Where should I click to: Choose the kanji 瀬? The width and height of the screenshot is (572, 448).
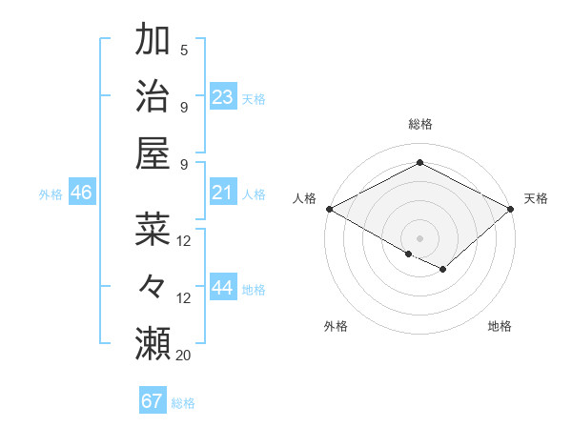153,341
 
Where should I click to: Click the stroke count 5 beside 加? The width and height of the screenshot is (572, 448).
184,51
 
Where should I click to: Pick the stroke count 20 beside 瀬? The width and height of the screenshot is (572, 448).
184,355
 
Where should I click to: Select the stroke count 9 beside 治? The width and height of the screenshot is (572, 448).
184,106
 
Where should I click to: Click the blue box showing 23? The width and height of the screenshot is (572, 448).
223,96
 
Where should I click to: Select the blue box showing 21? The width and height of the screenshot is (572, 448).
223,193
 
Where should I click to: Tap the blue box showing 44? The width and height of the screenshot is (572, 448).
223,288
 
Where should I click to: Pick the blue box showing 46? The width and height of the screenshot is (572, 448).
81,193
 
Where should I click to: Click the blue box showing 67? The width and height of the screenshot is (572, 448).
153,401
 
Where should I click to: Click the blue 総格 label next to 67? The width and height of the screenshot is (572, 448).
183,403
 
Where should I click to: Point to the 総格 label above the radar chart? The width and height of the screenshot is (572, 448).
419,125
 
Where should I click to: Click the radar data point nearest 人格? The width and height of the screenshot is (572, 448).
328,209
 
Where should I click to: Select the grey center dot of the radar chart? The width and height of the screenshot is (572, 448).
419,236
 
